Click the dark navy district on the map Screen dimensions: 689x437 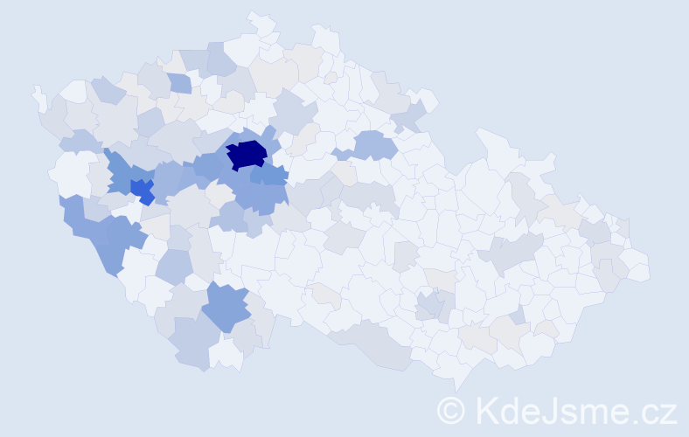click(x=247, y=154)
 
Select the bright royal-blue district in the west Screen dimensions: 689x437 click(x=140, y=188)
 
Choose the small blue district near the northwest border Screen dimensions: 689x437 click(x=178, y=84)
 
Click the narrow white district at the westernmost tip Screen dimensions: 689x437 click(x=39, y=97)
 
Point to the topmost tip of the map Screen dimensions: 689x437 click(x=254, y=15)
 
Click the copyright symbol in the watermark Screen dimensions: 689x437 click(x=452, y=410)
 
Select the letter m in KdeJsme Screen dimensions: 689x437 click(x=585, y=413)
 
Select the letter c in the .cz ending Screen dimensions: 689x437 click(x=643, y=413)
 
